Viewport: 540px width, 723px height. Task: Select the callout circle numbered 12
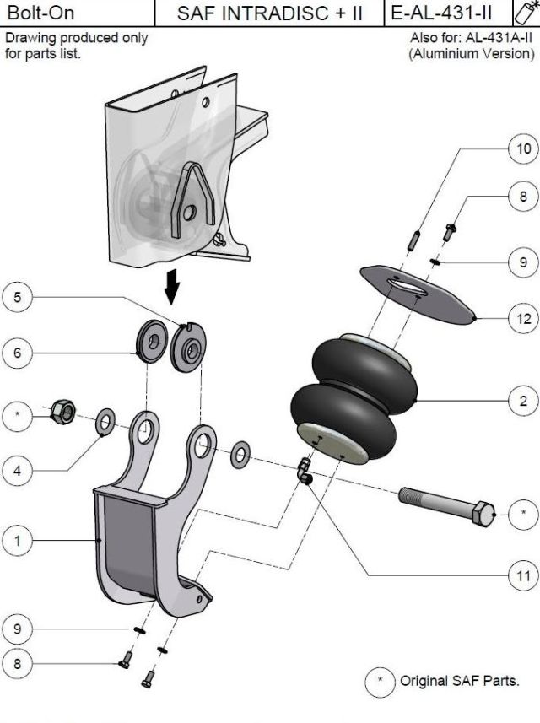click(524, 320)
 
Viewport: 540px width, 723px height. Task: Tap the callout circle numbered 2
click(524, 402)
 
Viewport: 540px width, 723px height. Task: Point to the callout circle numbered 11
click(524, 577)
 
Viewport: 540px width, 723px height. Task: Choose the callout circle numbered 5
click(18, 297)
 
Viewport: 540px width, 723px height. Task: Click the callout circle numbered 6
click(18, 353)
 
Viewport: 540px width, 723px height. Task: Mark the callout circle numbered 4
click(18, 471)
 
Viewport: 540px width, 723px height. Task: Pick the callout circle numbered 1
click(18, 540)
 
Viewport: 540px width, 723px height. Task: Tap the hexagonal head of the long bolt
click(482, 511)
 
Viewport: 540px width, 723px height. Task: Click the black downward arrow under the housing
click(173, 289)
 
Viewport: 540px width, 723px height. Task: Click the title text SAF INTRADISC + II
click(269, 14)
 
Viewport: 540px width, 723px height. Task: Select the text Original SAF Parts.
click(460, 680)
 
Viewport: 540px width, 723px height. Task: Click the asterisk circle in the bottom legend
click(380, 680)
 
